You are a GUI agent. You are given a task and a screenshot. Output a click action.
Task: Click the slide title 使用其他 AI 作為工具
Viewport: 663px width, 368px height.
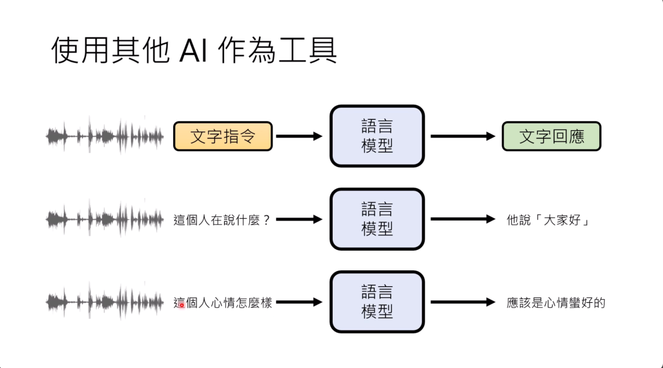coord(194,51)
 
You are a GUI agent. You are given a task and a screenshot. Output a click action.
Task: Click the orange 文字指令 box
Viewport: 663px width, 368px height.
coord(223,136)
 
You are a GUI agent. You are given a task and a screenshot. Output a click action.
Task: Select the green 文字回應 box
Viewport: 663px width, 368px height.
coord(551,136)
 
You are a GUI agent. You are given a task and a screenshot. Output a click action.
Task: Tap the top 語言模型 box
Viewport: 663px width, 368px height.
coord(377,136)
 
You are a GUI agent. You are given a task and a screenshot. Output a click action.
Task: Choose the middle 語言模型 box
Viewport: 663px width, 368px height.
coord(377,219)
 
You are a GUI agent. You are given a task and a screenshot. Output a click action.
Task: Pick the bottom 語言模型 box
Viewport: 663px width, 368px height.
coord(377,302)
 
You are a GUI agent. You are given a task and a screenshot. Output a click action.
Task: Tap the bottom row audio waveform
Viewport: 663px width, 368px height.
coord(105,302)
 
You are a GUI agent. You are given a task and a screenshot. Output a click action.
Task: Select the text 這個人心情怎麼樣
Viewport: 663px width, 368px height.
coord(223,302)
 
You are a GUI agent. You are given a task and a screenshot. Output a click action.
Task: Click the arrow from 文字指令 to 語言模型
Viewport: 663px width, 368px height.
coord(299,136)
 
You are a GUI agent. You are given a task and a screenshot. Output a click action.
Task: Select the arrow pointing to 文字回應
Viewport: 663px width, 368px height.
coord(462,136)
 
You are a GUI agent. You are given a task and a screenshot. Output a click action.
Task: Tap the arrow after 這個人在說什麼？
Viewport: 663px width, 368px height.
coord(299,219)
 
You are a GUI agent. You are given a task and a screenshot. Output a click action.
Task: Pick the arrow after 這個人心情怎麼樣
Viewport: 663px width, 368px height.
coord(299,302)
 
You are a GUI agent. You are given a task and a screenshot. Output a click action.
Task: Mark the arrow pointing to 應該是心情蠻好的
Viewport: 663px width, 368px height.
coord(462,302)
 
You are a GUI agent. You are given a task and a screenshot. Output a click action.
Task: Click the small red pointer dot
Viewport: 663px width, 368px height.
coord(181,305)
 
